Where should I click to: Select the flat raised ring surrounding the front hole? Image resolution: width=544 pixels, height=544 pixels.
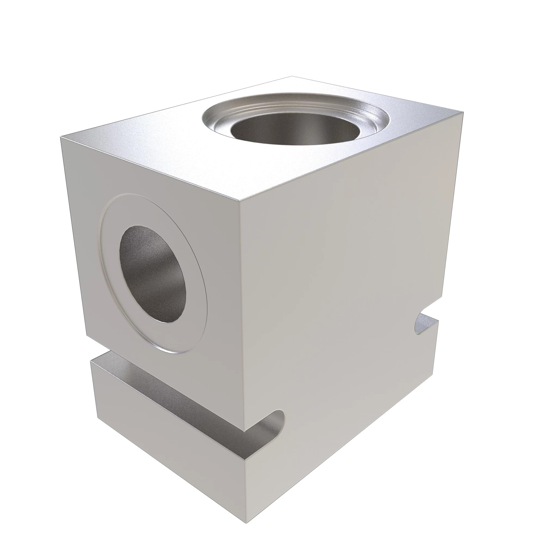pos(194,324)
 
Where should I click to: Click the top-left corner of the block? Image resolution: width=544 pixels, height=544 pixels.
pos(61,137)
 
